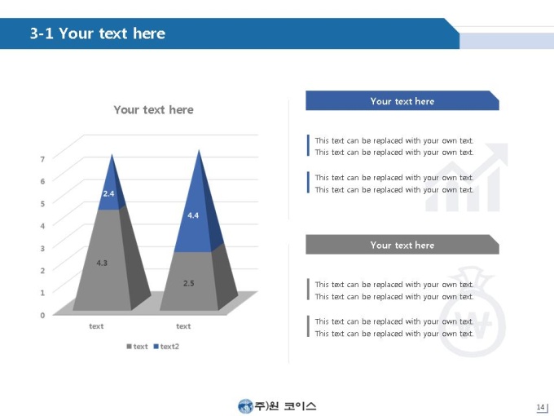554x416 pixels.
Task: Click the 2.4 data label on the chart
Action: tap(108, 193)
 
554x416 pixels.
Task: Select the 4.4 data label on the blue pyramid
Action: tap(193, 215)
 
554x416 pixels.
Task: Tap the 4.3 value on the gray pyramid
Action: tap(102, 263)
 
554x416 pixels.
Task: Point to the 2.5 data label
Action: tap(189, 283)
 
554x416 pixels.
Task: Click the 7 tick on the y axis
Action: tap(42, 159)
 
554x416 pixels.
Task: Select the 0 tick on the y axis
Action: tap(42, 315)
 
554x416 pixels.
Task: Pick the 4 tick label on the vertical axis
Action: tap(42, 226)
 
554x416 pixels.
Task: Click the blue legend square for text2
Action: tap(156, 347)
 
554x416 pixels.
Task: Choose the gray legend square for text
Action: tap(129, 347)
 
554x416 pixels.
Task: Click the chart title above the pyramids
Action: tap(153, 109)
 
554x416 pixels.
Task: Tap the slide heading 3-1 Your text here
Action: tap(98, 33)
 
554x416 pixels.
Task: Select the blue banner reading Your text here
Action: tap(402, 101)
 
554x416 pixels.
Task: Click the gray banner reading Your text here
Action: tap(402, 245)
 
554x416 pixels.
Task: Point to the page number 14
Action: tap(541, 407)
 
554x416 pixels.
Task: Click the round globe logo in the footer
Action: tap(245, 406)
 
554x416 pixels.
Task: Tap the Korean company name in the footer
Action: tap(285, 406)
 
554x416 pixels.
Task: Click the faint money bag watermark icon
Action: tap(472, 312)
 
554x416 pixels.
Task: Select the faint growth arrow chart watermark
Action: tap(467, 177)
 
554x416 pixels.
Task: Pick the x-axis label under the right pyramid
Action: tap(183, 326)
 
